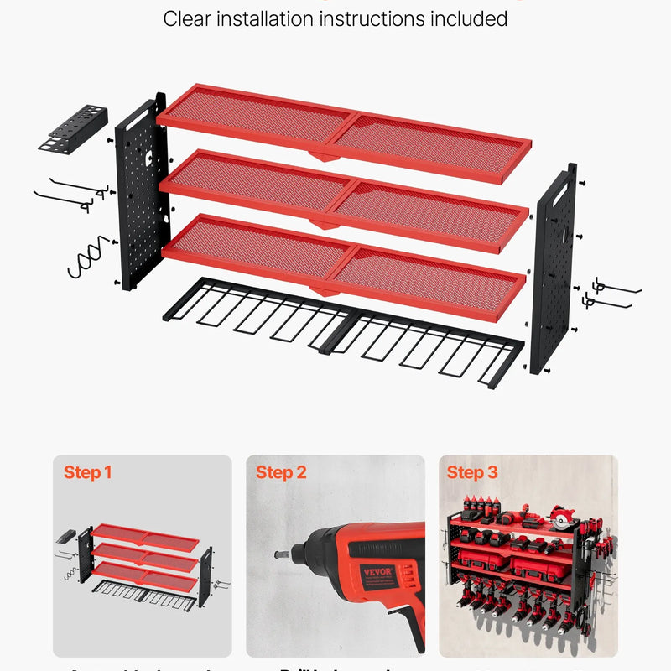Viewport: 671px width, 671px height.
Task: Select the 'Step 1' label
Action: [x=87, y=473]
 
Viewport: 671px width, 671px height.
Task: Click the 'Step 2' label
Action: [x=281, y=473]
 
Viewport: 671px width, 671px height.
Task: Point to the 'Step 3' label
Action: [x=472, y=473]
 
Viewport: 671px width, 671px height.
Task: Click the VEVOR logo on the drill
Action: [x=377, y=576]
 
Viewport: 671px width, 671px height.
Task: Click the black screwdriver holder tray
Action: [x=73, y=128]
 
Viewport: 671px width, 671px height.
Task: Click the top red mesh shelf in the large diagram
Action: [x=344, y=130]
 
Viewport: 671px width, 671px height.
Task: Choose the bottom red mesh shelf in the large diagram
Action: [x=344, y=263]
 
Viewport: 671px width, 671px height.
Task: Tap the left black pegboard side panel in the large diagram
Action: [x=142, y=193]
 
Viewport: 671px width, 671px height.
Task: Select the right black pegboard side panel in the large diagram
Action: [x=554, y=268]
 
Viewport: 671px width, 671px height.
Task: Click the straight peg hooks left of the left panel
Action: [x=71, y=191]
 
